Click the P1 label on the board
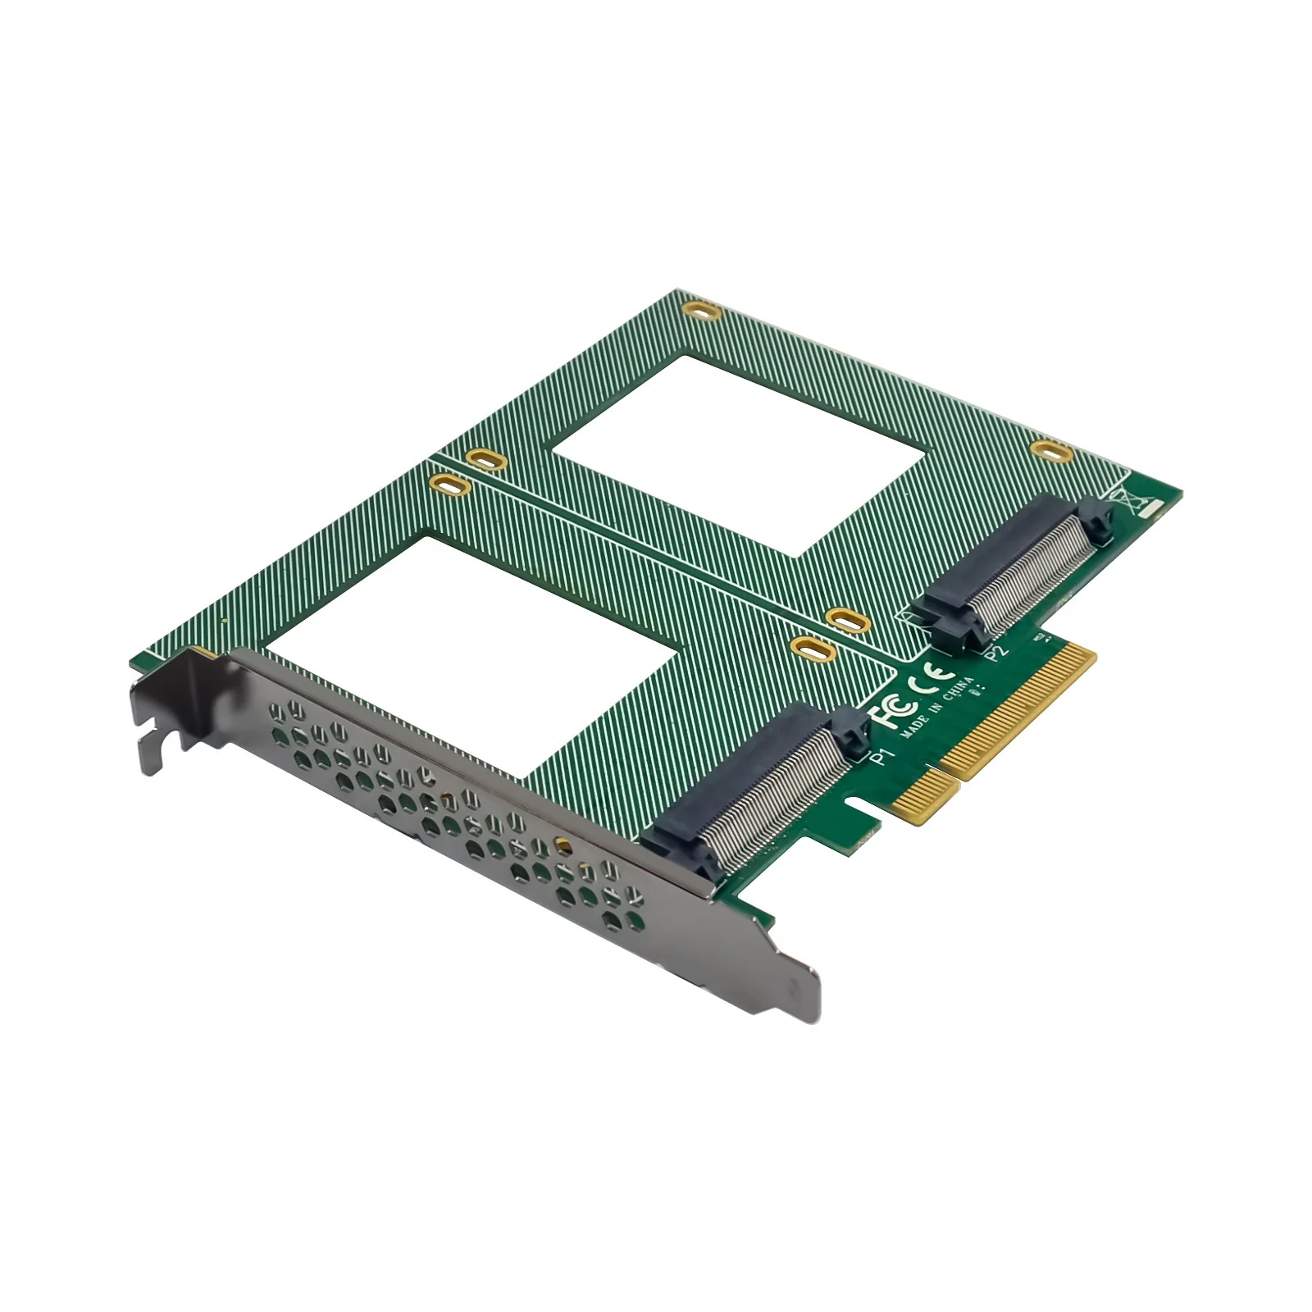879,756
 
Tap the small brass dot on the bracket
562,842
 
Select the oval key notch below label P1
856,803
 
